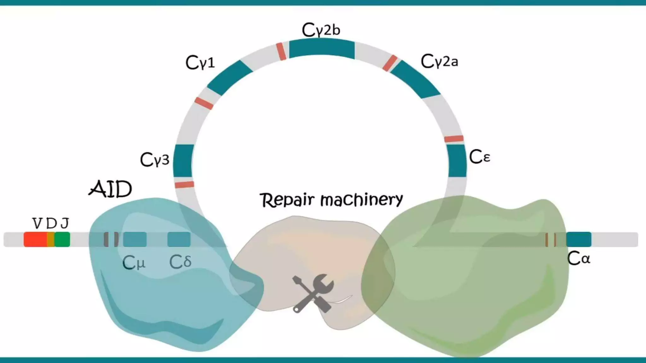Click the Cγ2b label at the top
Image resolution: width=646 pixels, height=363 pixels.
(x=321, y=30)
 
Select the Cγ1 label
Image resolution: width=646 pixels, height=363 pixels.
(x=200, y=62)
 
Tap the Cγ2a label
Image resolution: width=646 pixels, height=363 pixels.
(x=439, y=61)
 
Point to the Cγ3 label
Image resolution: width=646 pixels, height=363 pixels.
(x=155, y=159)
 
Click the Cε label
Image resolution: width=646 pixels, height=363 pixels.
(x=479, y=157)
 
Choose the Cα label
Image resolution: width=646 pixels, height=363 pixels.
(x=578, y=259)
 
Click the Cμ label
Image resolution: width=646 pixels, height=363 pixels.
(x=134, y=262)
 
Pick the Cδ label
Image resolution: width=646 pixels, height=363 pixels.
(x=180, y=262)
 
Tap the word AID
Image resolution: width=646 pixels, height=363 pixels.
(x=110, y=189)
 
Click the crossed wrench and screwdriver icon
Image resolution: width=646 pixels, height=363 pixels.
(x=312, y=293)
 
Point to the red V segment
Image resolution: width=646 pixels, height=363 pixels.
(x=35, y=239)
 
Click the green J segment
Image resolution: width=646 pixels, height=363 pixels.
(x=62, y=239)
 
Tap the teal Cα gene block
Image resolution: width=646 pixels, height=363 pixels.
(x=578, y=239)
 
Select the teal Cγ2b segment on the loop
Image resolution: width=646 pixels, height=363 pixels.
(x=322, y=49)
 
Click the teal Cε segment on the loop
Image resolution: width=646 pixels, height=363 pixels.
(x=457, y=161)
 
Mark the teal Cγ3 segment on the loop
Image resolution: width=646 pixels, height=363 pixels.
(x=183, y=161)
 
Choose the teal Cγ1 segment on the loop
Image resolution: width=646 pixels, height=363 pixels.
(x=230, y=78)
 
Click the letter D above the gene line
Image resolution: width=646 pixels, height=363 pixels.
(x=51, y=224)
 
